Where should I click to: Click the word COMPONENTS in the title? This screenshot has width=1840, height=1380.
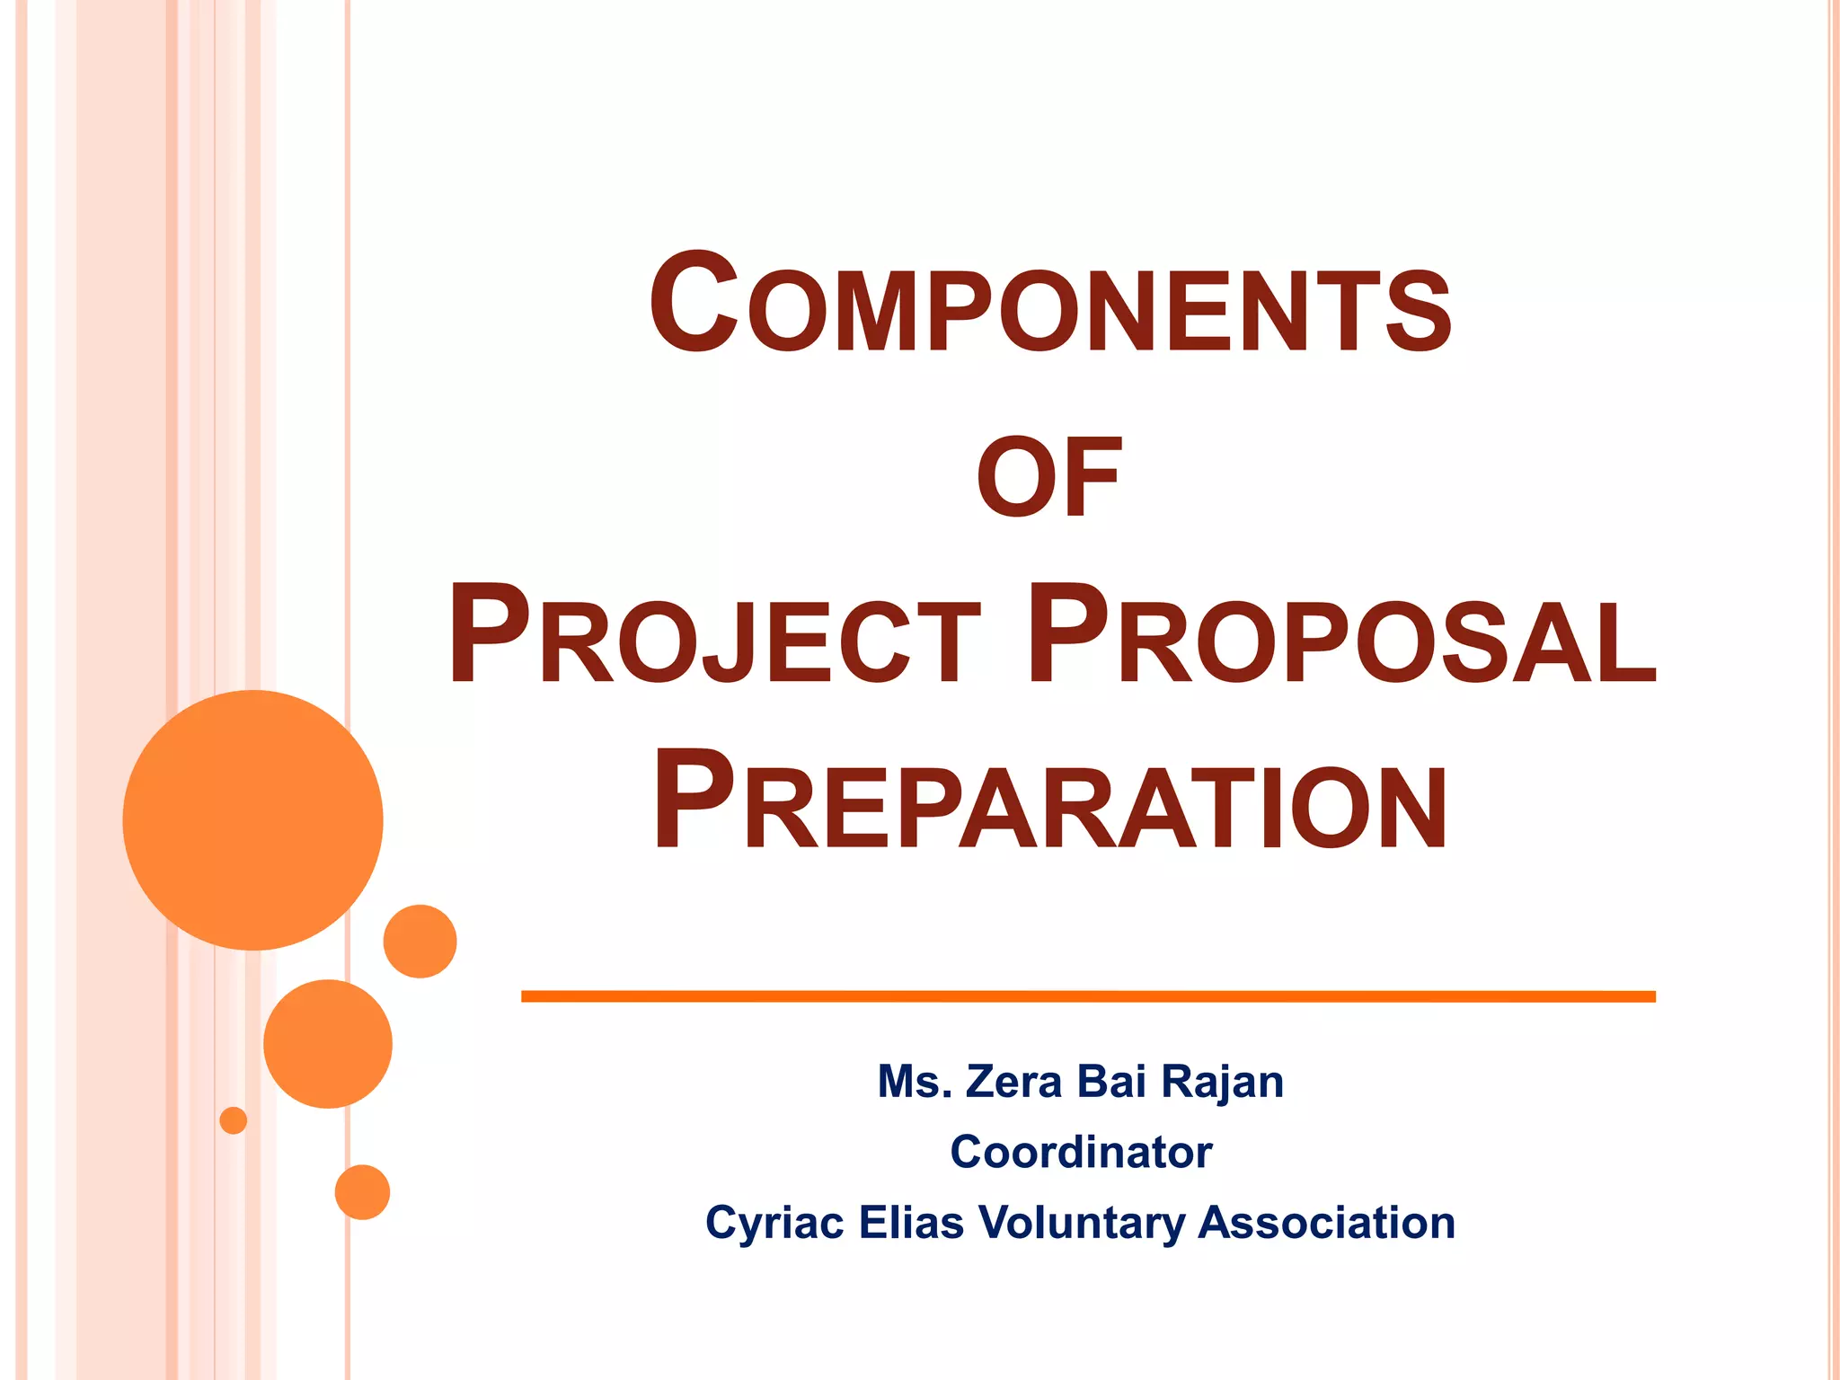pos(1049,305)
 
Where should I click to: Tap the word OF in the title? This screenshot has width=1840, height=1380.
pos(1049,477)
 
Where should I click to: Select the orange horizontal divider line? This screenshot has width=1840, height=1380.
pos(1087,995)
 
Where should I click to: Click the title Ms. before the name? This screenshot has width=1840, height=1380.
pos(914,1081)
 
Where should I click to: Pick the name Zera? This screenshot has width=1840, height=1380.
pos(1014,1081)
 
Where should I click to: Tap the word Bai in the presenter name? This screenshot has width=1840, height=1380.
pos(1111,1081)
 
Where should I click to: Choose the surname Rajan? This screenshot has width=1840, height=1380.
pos(1222,1083)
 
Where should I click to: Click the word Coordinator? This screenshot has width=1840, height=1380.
pos(1081,1152)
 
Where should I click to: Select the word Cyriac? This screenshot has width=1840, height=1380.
pos(774,1224)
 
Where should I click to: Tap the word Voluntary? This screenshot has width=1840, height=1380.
pos(1082,1224)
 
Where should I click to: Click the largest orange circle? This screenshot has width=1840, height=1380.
pos(252,819)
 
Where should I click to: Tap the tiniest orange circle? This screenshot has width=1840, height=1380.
pos(234,1120)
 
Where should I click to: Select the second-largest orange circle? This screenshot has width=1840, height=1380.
pos(328,1043)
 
